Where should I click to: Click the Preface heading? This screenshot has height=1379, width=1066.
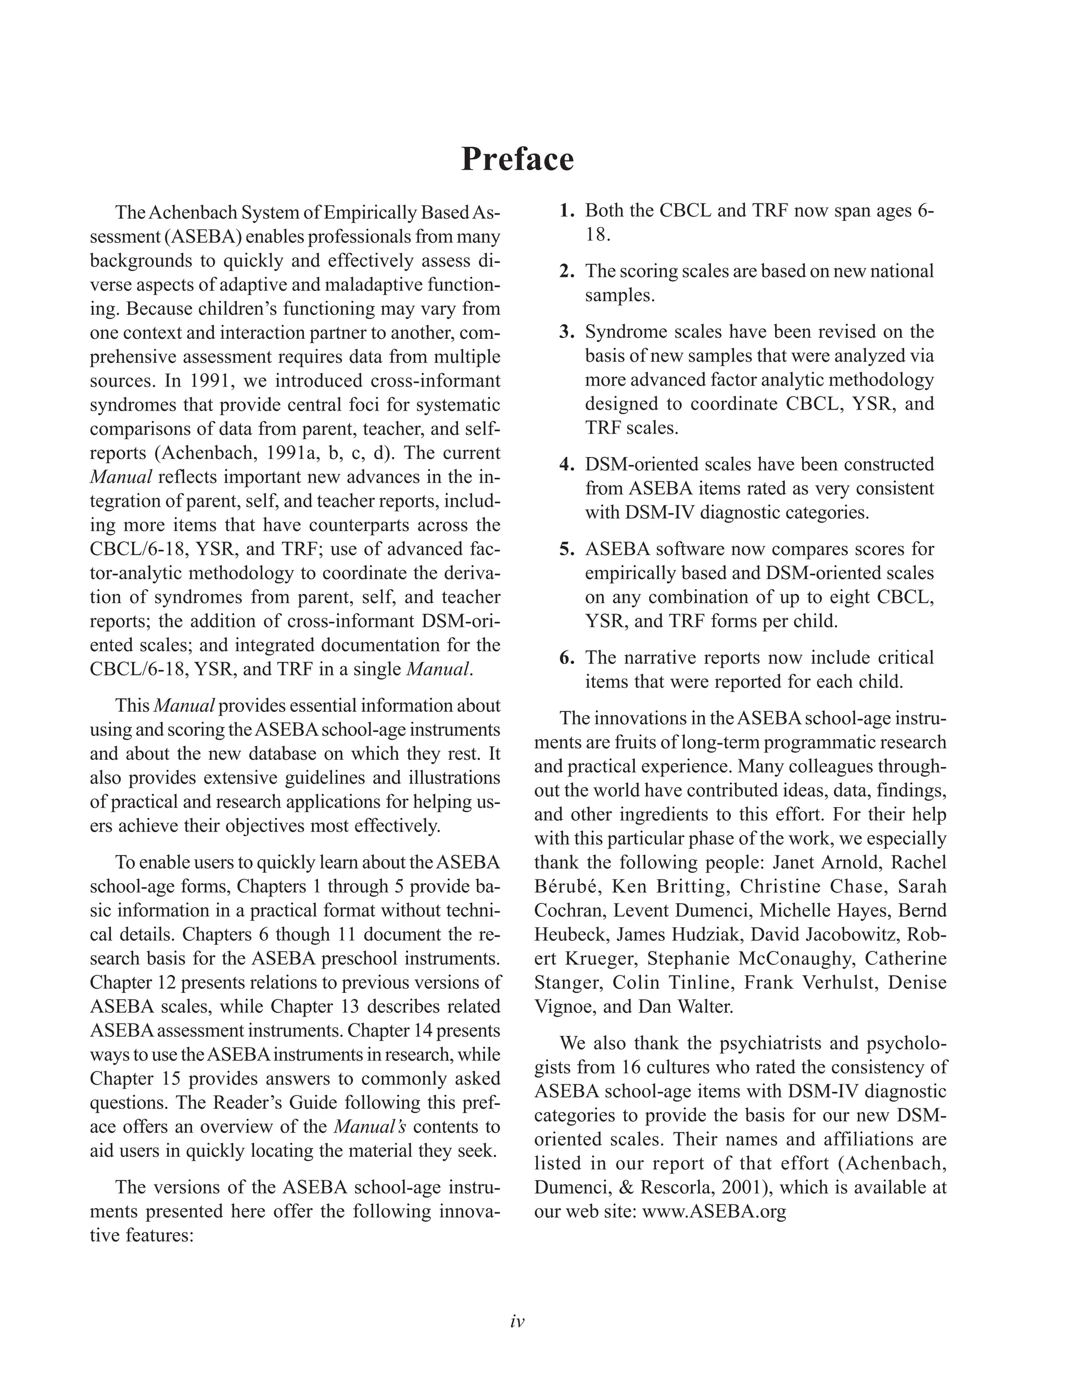click(517, 159)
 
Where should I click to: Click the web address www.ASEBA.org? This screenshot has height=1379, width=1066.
click(714, 1211)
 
